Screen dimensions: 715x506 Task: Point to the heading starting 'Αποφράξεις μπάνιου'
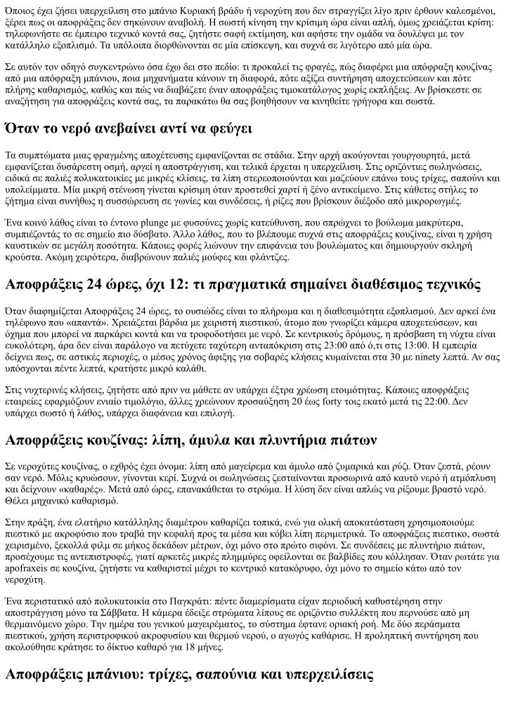click(188, 674)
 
